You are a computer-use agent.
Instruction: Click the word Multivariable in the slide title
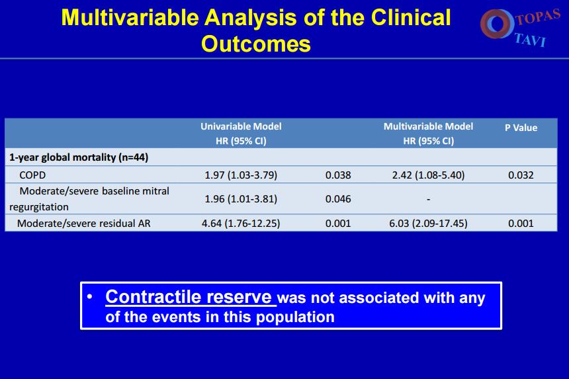[x=130, y=17]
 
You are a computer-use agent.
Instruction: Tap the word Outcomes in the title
[x=256, y=44]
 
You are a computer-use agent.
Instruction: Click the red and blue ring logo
[x=497, y=24]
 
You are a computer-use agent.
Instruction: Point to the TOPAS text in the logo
[x=539, y=17]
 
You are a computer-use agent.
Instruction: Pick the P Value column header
[x=521, y=128]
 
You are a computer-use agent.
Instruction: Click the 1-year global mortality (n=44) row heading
[x=79, y=157]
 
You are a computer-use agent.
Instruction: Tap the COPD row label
[x=32, y=175]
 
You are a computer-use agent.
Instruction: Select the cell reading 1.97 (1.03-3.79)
[x=241, y=175]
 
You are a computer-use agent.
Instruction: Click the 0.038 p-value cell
[x=338, y=175]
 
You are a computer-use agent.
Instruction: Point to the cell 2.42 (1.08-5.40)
[x=428, y=175]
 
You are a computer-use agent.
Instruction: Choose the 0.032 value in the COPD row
[x=521, y=175]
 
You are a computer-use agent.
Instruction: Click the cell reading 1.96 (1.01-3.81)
[x=241, y=199]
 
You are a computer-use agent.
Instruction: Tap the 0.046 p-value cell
[x=338, y=199]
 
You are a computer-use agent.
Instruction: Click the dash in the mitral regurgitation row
[x=429, y=199]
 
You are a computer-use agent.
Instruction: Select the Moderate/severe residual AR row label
[x=84, y=224]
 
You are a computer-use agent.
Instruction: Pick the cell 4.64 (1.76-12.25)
[x=241, y=224]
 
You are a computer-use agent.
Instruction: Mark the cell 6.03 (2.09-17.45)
[x=428, y=224]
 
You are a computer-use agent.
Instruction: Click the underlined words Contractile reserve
[x=189, y=297]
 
